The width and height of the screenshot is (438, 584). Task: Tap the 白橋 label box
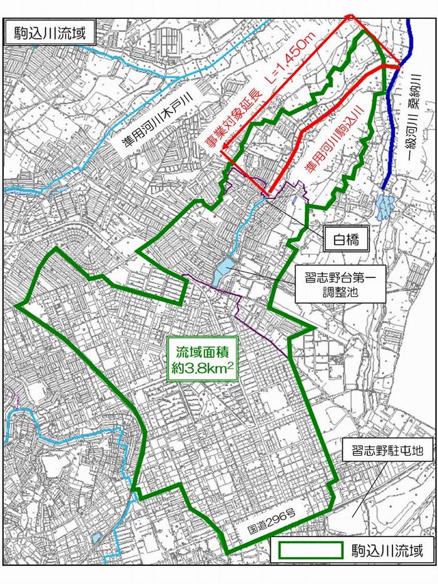(x=344, y=238)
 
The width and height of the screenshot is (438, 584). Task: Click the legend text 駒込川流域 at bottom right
(x=386, y=551)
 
